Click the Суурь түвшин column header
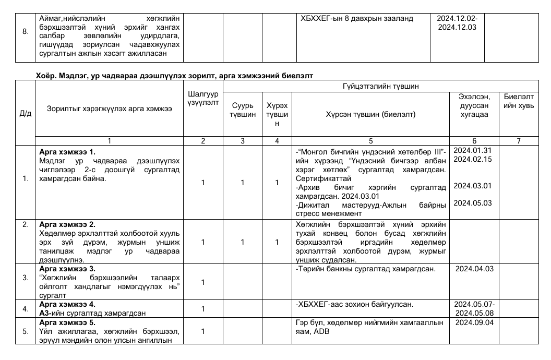click(x=243, y=110)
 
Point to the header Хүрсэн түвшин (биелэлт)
click(x=370, y=114)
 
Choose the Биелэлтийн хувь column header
click(x=518, y=101)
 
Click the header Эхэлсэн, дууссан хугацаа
click(x=474, y=105)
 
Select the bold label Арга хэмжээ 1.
click(x=67, y=152)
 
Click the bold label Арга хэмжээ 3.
click(x=67, y=269)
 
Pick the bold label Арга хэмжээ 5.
click(x=67, y=322)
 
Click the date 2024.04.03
click(x=474, y=269)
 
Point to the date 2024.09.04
click(x=474, y=322)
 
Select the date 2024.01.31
click(x=474, y=150)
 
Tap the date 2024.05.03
click(x=474, y=203)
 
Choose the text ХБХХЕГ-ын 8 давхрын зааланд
click(x=357, y=18)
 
